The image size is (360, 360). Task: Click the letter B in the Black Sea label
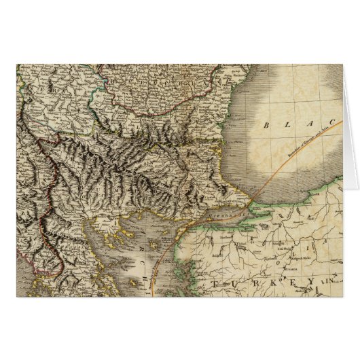266,126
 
